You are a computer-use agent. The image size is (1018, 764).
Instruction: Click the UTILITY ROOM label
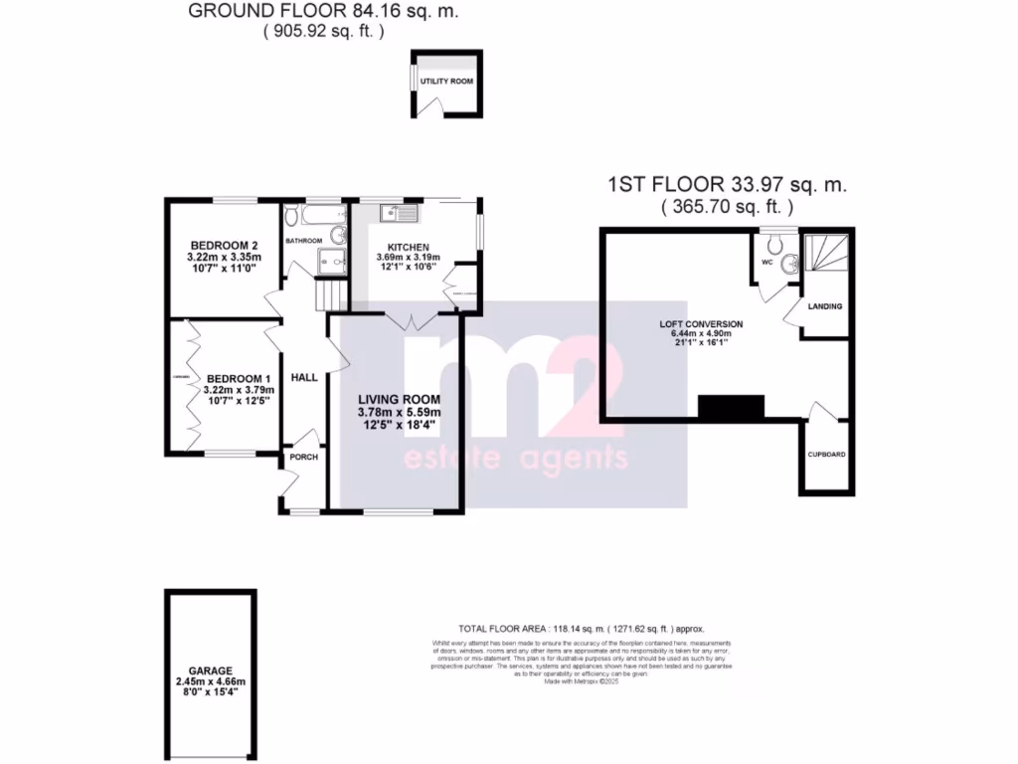pyautogui.click(x=446, y=81)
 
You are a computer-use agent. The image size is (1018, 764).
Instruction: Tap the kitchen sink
pyautogui.click(x=402, y=213)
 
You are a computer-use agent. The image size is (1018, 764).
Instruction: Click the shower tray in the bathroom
pyautogui.click(x=331, y=260)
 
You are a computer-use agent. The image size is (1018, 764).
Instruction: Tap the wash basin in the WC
pyautogui.click(x=790, y=265)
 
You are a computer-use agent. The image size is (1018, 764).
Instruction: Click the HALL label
pyautogui.click(x=303, y=378)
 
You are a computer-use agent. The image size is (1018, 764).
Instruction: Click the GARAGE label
pyautogui.click(x=210, y=671)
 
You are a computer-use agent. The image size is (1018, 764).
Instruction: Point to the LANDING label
pyautogui.click(x=826, y=306)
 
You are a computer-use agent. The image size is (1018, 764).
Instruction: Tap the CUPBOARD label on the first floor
pyautogui.click(x=826, y=455)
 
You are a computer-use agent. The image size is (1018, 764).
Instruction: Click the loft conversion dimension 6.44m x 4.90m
pyautogui.click(x=701, y=334)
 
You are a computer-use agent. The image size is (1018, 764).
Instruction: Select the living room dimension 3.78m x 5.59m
pyautogui.click(x=400, y=413)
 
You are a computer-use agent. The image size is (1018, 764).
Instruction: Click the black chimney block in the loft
pyautogui.click(x=731, y=407)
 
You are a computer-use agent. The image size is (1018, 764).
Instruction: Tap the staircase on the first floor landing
pyautogui.click(x=826, y=260)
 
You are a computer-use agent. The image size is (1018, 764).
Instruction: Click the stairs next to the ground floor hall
pyautogui.click(x=328, y=294)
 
